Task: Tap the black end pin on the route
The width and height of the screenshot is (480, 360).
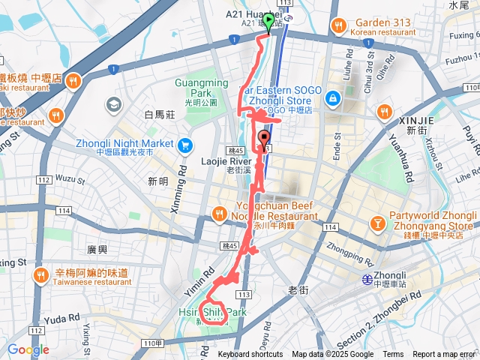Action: pos(264,139)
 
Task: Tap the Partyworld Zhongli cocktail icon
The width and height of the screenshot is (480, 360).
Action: pos(378,223)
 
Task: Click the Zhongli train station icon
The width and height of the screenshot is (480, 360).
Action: pos(367,279)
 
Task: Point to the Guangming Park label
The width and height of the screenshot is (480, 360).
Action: pos(197,88)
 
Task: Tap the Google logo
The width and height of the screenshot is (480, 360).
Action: pos(28,349)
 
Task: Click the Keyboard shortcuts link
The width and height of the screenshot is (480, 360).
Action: pos(250,355)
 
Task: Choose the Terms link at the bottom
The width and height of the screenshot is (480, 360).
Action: pos(393,355)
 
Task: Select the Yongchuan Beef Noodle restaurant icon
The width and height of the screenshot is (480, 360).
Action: pos(220,213)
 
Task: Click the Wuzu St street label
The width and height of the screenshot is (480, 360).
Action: pos(70,179)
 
